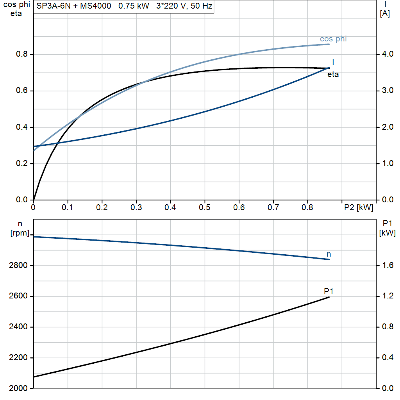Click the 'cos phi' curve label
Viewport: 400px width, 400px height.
click(x=333, y=39)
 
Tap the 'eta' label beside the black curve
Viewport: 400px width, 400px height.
click(x=333, y=75)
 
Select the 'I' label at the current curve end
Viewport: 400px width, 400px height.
click(x=333, y=62)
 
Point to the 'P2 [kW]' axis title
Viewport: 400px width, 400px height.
click(x=359, y=207)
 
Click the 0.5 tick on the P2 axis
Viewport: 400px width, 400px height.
click(x=205, y=207)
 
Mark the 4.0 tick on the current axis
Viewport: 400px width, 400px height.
click(x=386, y=54)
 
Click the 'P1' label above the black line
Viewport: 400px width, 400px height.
click(x=329, y=291)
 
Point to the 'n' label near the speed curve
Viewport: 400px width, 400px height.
click(x=329, y=254)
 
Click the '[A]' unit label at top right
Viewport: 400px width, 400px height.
click(x=385, y=13)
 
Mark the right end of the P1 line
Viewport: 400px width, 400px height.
click(x=329, y=297)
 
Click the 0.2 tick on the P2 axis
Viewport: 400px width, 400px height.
click(x=102, y=207)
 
